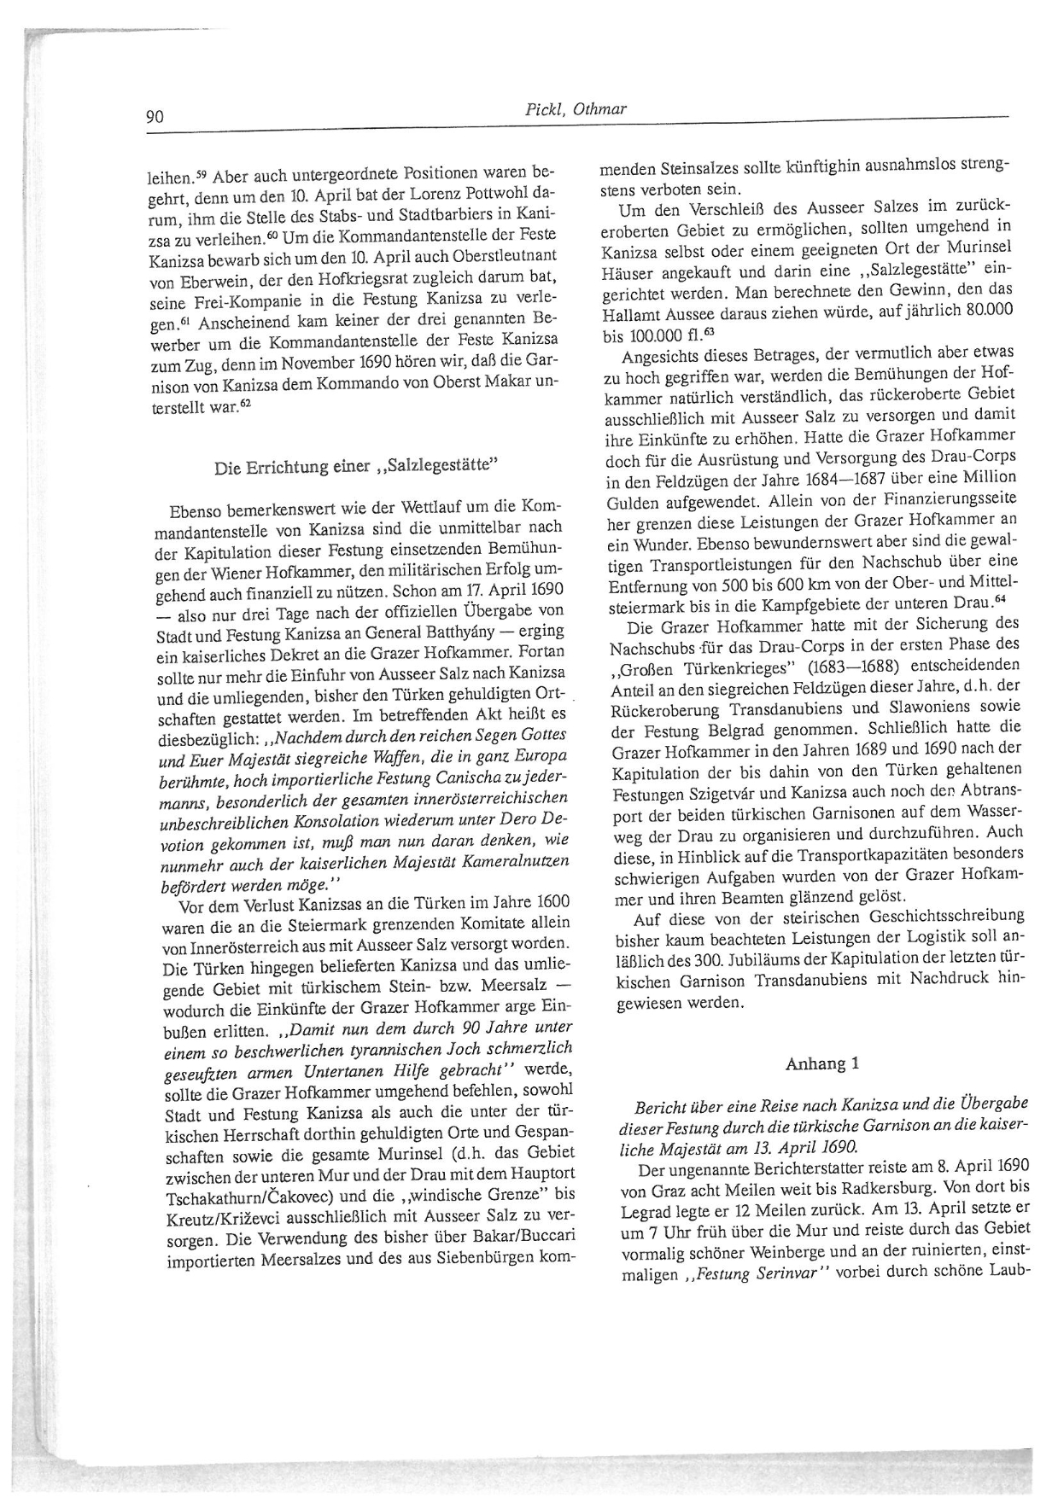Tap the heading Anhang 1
coord(822,1063)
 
